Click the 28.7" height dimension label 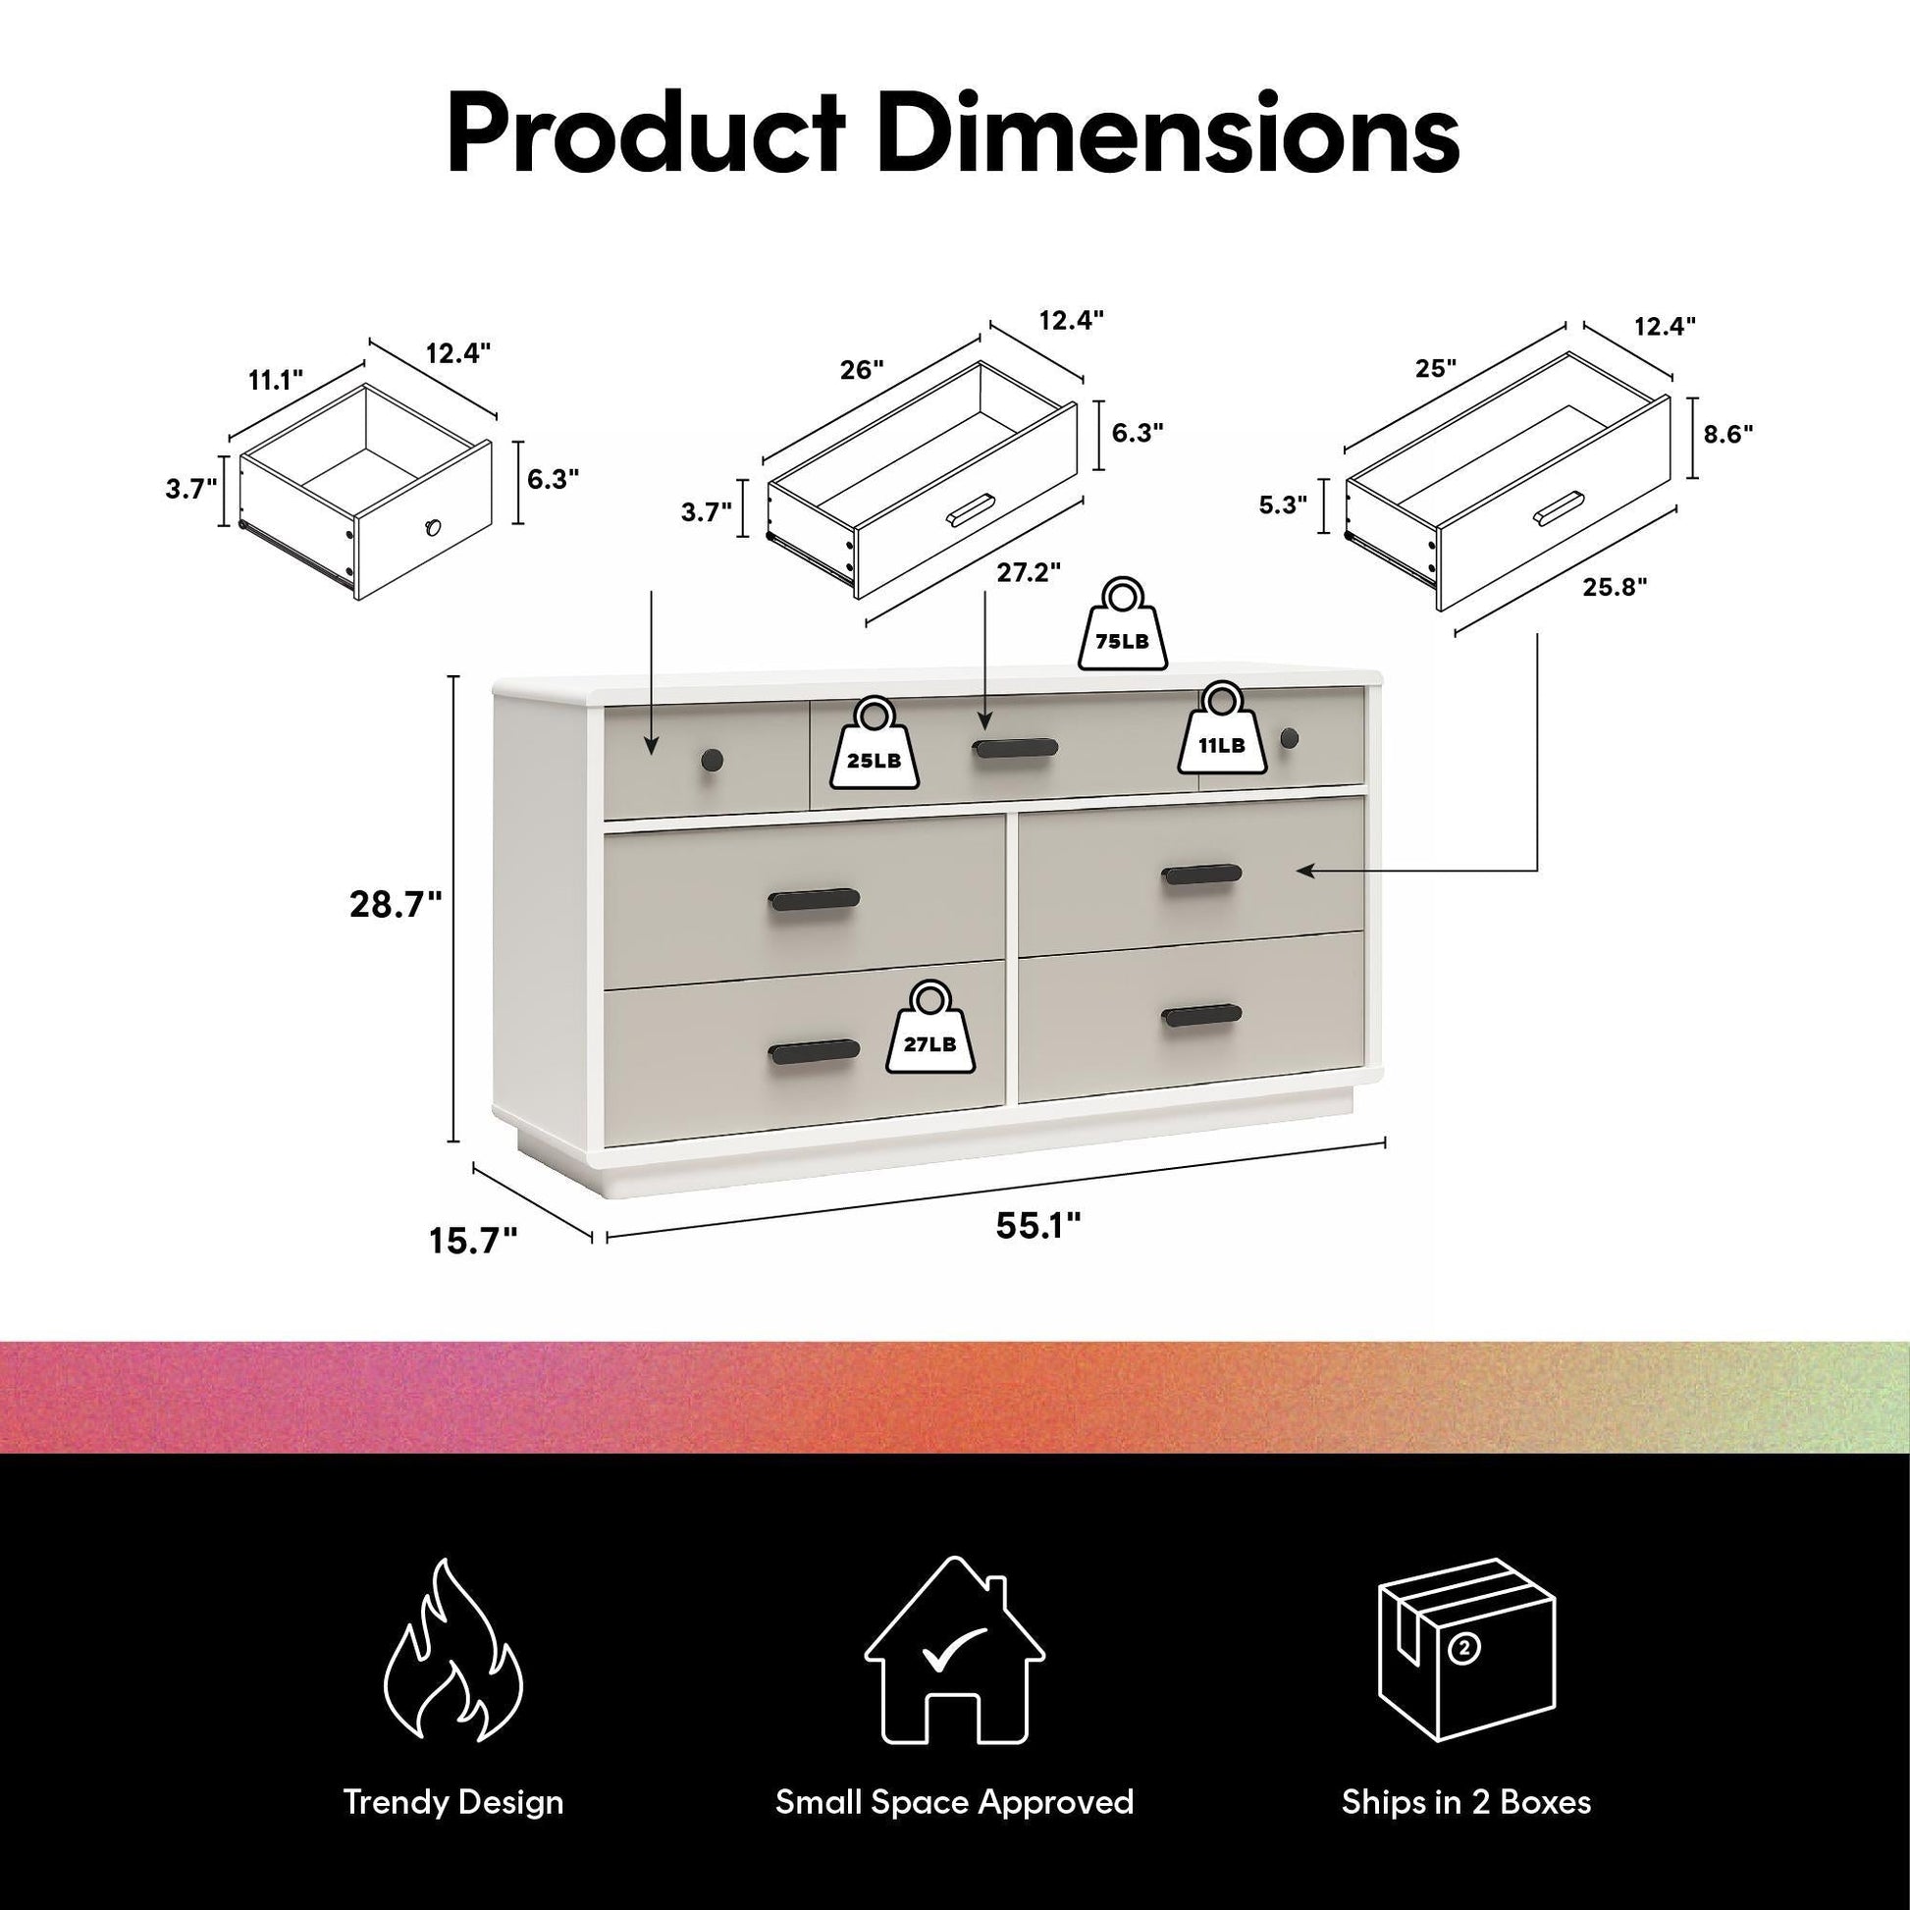coord(396,905)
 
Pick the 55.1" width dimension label coord(1038,1226)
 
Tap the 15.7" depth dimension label coord(472,1241)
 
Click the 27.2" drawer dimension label coord(1029,572)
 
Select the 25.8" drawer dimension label coord(1616,587)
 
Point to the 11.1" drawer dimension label coord(276,380)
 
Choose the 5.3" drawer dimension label coord(1282,504)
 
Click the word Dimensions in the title coord(1169,133)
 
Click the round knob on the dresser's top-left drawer coord(712,761)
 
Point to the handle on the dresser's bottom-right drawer coord(1201,1015)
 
